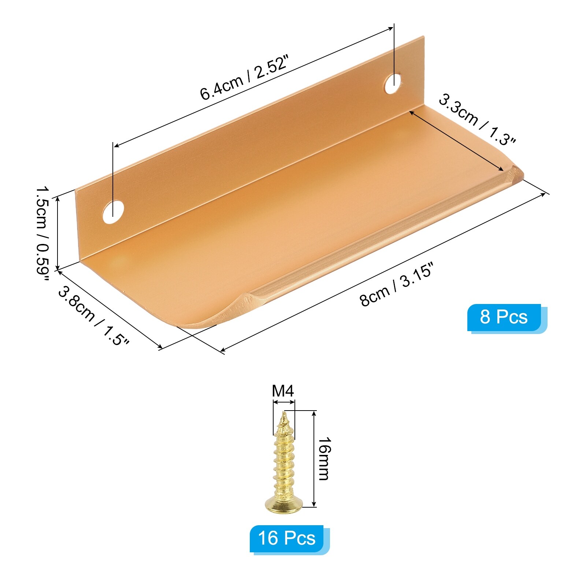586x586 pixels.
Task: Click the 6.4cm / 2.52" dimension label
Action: (x=244, y=78)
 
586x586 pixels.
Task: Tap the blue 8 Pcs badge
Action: (x=504, y=317)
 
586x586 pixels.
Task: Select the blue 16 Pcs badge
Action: (x=287, y=538)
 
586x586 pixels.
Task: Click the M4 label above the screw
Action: (x=283, y=391)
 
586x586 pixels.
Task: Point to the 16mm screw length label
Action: (x=324, y=458)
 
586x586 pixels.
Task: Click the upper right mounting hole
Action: (x=394, y=84)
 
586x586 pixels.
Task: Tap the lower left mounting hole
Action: (x=113, y=212)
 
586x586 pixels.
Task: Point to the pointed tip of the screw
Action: (x=283, y=415)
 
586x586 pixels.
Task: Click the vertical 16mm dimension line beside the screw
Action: (x=314, y=458)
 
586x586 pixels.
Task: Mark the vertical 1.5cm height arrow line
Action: (x=58, y=233)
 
